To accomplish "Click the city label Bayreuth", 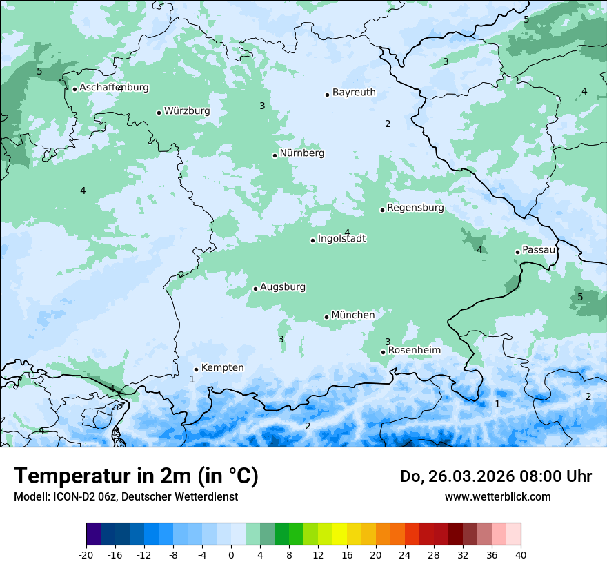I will pyautogui.click(x=354, y=93).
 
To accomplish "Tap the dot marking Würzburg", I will pyautogui.click(x=159, y=113).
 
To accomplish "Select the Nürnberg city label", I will pyautogui.click(x=301, y=153).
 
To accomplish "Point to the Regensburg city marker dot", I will pyautogui.click(x=382, y=210).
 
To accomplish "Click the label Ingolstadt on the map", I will pyautogui.click(x=341, y=239).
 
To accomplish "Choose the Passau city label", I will pyautogui.click(x=539, y=250).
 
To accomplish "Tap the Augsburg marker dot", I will pyautogui.click(x=255, y=289).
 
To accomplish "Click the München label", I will pyautogui.click(x=353, y=315).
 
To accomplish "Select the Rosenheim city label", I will pyautogui.click(x=414, y=351).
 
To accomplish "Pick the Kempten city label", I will pyautogui.click(x=222, y=368).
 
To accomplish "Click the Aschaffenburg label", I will pyautogui.click(x=114, y=88).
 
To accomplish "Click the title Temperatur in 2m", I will pyautogui.click(x=136, y=476).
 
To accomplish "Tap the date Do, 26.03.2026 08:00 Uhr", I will pyautogui.click(x=495, y=476).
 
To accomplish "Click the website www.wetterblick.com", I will pyautogui.click(x=497, y=497).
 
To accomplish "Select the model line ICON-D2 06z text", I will pyautogui.click(x=126, y=497).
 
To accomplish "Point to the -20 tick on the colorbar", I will pyautogui.click(x=86, y=554).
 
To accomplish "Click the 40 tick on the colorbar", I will pyautogui.click(x=521, y=554).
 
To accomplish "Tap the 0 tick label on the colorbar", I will pyautogui.click(x=231, y=554).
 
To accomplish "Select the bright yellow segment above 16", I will pyautogui.click(x=339, y=534).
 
